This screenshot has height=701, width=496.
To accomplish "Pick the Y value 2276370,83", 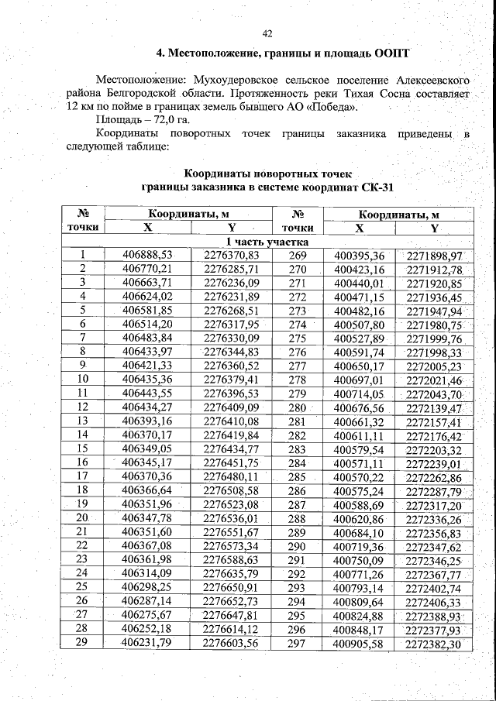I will tap(231, 255).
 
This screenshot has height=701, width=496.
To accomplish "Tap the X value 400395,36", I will tap(359, 256).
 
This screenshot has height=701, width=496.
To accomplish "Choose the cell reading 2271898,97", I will tap(434, 256).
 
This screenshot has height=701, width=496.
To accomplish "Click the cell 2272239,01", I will tap(434, 463).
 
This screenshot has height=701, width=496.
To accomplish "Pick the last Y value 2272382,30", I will tap(434, 644).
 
